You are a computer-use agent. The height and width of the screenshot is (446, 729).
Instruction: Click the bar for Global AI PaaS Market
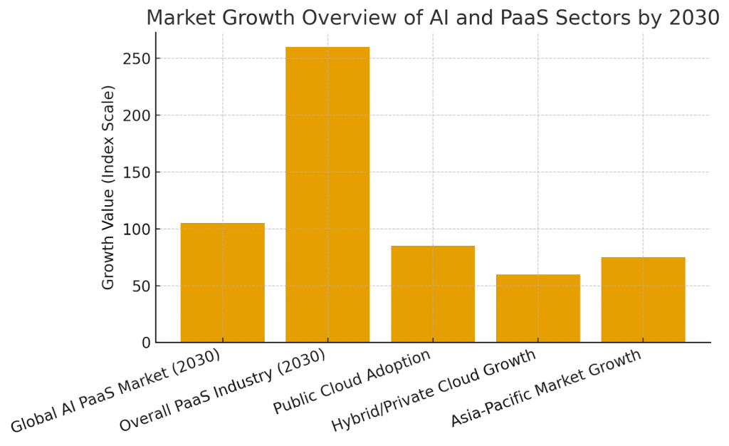pos(222,283)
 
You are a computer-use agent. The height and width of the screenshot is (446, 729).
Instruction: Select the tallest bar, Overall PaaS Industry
pos(327,195)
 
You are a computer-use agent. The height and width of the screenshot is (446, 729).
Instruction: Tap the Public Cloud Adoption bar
pos(433,294)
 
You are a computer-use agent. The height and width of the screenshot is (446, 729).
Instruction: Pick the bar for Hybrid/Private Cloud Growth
pos(538,308)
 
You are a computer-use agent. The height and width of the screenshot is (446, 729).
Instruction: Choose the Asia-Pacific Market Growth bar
pos(643,300)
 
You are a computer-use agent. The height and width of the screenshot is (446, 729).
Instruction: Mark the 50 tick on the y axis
pos(142,286)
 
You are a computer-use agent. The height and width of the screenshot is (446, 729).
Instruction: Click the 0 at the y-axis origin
pos(147,343)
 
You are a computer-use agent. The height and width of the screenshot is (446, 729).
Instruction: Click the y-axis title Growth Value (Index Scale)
pos(108,187)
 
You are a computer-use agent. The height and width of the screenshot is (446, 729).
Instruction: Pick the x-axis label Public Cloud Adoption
pos(352,383)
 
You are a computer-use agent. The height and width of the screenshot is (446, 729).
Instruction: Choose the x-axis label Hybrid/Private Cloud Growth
pos(434,391)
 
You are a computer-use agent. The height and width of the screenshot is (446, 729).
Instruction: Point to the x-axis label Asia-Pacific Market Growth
pos(546,388)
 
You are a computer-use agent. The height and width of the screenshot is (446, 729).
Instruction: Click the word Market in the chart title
pos(186,18)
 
